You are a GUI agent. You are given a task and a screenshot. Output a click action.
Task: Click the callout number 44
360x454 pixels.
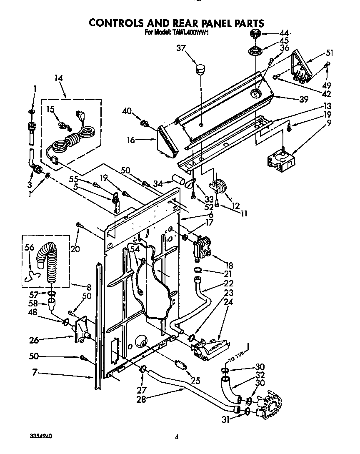click(284, 33)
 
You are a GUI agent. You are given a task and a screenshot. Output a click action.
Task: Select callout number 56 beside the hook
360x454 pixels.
click(29, 247)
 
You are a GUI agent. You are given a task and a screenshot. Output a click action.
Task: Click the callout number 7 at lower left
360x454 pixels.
click(34, 374)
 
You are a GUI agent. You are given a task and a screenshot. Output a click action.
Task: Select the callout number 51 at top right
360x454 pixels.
click(330, 53)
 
